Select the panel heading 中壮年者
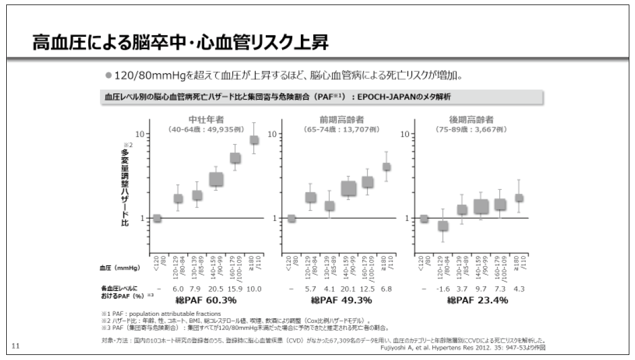pos(206,119)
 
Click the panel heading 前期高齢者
pos(340,119)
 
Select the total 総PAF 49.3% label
pos(339,300)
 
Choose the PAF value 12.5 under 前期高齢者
pos(368,288)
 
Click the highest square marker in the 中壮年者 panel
pos(254,140)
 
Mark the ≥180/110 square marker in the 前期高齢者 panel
pos(387,167)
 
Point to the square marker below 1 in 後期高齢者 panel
pos(443,225)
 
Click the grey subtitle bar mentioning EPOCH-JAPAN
pos(321,97)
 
